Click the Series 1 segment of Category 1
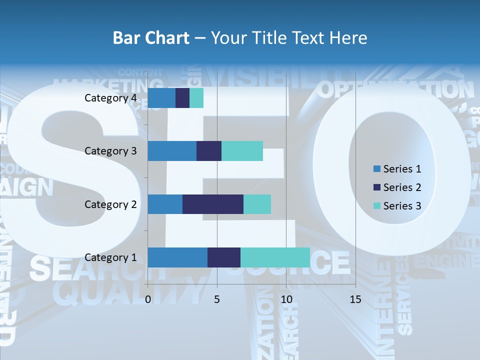[177, 257]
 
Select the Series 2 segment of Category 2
[213, 204]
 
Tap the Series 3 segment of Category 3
[242, 151]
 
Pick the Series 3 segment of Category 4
[196, 98]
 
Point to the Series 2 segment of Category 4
[182, 98]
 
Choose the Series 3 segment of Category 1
[275, 257]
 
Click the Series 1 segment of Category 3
[172, 151]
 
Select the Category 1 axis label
[110, 257]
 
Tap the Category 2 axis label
[110, 204]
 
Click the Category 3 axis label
[110, 151]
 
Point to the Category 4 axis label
[110, 98]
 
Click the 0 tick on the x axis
[148, 299]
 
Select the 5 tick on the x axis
[217, 299]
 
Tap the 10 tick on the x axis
[286, 299]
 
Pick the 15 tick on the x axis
[355, 299]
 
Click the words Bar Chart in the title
[151, 38]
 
